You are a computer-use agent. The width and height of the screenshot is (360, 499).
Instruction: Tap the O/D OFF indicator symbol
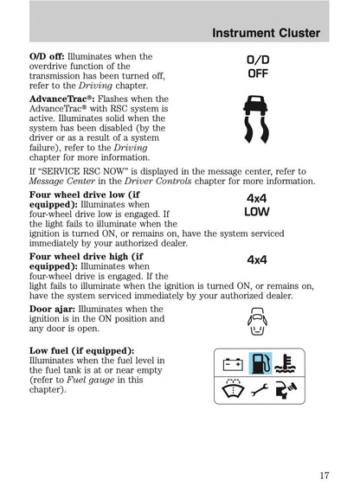257,67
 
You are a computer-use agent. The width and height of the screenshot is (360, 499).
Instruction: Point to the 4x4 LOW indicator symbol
256,204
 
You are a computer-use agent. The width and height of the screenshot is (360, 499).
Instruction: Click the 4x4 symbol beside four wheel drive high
257,259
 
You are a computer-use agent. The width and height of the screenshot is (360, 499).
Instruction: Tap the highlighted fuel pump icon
260,364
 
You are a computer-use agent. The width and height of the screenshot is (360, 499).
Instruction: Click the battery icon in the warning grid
231,364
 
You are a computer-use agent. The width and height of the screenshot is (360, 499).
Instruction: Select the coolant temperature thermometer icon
289,364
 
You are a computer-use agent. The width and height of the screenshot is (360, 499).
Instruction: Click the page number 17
324,475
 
